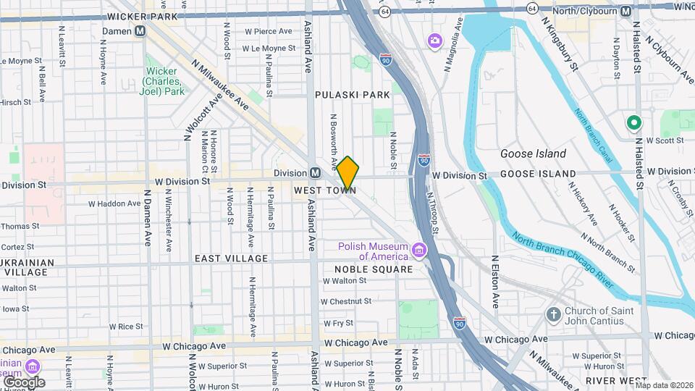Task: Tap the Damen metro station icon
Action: pyautogui.click(x=140, y=31)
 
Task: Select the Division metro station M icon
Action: pyautogui.click(x=315, y=173)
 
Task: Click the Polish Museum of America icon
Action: pyautogui.click(x=418, y=251)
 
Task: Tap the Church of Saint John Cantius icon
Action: pyautogui.click(x=553, y=315)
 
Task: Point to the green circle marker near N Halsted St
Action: pyautogui.click(x=633, y=123)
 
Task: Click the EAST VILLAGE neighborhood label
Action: pyautogui.click(x=231, y=258)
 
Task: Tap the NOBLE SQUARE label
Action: pyautogui.click(x=373, y=269)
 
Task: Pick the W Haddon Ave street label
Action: pyautogui.click(x=111, y=203)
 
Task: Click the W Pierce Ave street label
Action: pyautogui.click(x=268, y=32)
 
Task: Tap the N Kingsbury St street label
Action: pyautogui.click(x=560, y=44)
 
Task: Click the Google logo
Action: pyautogui.click(x=23, y=382)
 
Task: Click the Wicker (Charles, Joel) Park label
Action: pyautogui.click(x=162, y=81)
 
